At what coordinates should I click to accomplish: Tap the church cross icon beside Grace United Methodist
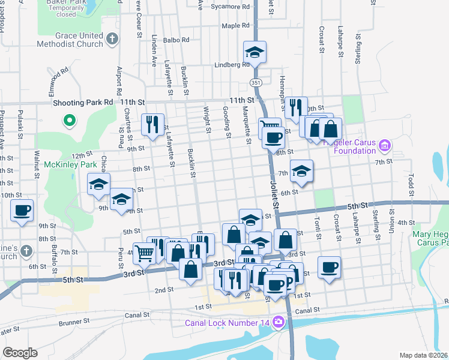(x=111, y=40)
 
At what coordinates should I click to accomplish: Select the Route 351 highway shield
(x=255, y=83)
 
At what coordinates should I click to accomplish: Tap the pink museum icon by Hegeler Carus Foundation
(x=385, y=145)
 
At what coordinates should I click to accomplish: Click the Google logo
(x=20, y=353)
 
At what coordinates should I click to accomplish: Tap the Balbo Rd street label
(x=176, y=40)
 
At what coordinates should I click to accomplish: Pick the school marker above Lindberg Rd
(x=255, y=53)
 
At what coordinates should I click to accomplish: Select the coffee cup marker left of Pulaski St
(x=22, y=211)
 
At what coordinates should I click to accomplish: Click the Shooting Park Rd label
(x=83, y=103)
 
